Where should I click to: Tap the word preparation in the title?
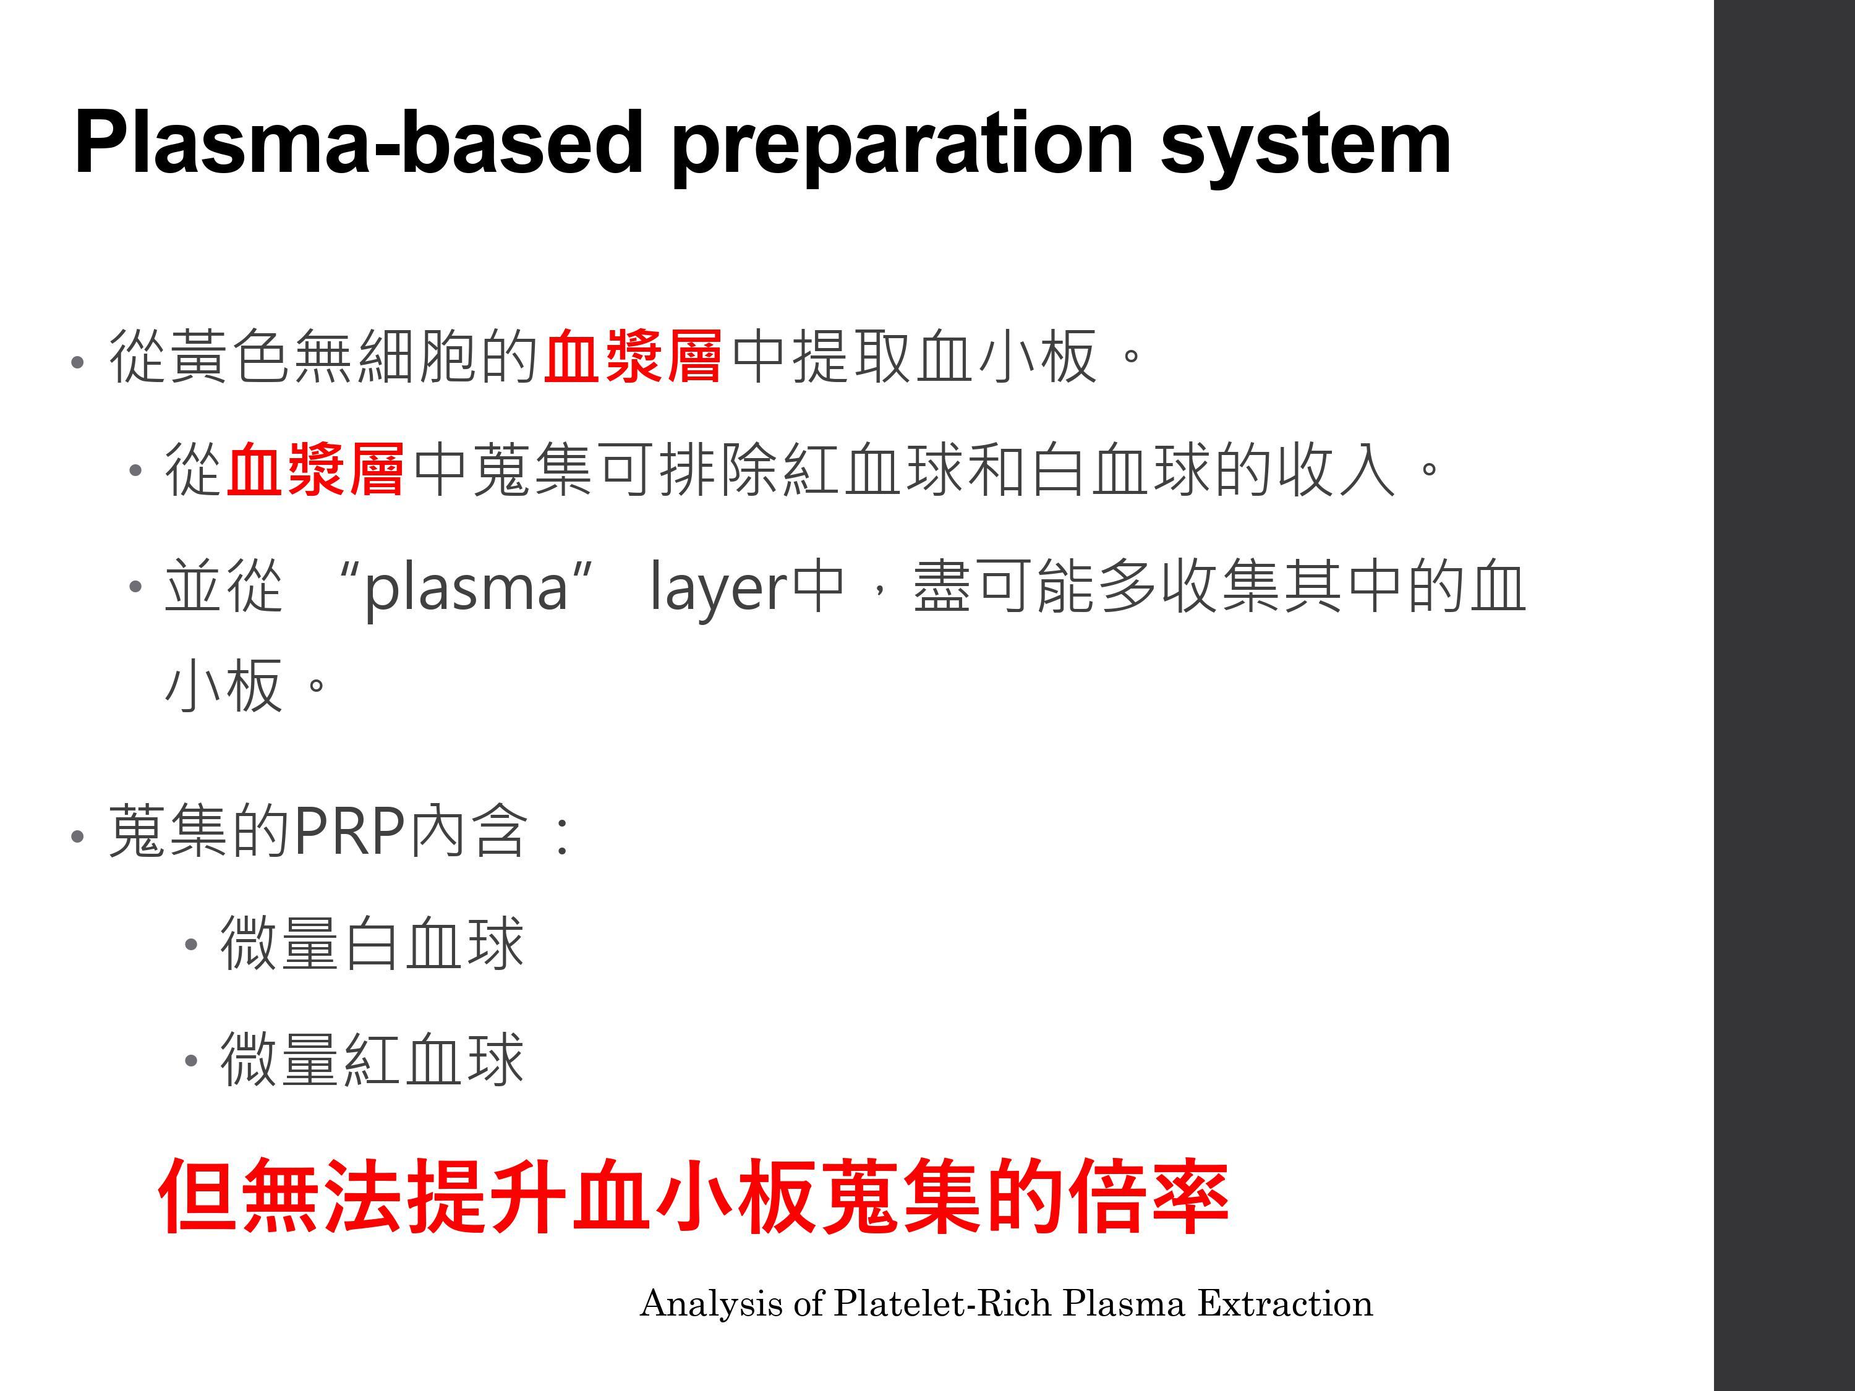click(x=903, y=149)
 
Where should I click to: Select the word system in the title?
click(x=1306, y=149)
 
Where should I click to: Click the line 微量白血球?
click(x=372, y=943)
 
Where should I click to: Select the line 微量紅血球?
click(x=372, y=1059)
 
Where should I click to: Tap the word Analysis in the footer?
click(x=711, y=1304)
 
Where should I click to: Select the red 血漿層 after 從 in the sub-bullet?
click(x=315, y=469)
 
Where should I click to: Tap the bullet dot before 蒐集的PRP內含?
click(x=78, y=836)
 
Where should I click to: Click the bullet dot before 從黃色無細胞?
click(x=78, y=362)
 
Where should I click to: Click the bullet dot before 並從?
click(x=135, y=586)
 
